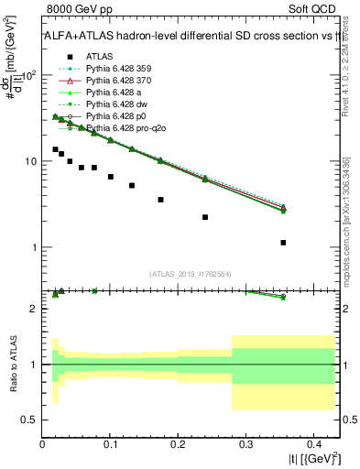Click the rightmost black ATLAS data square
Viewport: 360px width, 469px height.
click(283, 243)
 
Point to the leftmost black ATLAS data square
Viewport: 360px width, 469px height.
click(55, 149)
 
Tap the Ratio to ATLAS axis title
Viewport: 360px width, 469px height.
click(13, 363)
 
